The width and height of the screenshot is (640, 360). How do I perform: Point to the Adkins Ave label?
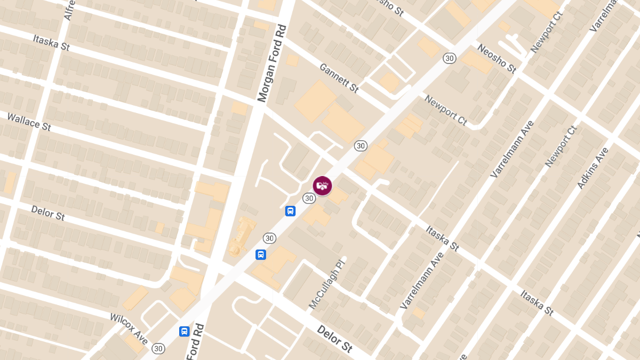point(593,168)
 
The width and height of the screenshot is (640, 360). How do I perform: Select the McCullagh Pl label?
point(327,284)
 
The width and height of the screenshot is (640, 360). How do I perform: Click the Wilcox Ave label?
point(129,329)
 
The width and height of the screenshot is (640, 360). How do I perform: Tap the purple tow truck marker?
point(322,186)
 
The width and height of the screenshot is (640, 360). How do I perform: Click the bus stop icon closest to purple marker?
point(290,211)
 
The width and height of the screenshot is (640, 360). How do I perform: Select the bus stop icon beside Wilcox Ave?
point(184,331)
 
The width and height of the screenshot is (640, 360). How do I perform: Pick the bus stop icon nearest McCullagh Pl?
point(261,254)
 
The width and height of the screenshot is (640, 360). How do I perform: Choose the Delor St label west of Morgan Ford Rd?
point(48,213)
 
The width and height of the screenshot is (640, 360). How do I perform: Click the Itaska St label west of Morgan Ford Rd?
point(51,43)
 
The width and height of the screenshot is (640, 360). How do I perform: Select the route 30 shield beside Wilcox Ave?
point(158,348)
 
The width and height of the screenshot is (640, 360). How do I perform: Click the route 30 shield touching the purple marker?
point(309,198)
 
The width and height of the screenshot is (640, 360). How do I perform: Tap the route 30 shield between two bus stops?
point(269,238)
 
